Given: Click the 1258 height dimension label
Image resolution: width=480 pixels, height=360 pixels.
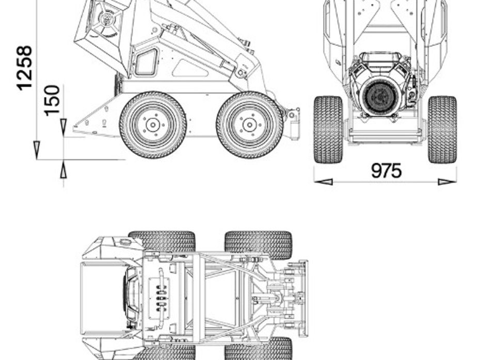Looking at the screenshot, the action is coord(24,68).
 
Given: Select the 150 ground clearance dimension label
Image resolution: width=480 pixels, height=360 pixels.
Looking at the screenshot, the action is coord(52,101).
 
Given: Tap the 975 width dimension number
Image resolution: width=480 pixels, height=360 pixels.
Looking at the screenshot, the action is coord(386,171).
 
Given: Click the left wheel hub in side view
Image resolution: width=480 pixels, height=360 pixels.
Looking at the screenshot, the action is coord(153,125).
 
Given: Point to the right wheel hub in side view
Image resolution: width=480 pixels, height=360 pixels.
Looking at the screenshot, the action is coord(249,125).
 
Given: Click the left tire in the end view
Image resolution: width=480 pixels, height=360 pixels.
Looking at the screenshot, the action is coord(328,129).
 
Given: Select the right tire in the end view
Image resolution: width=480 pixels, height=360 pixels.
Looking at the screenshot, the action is coord(442,129).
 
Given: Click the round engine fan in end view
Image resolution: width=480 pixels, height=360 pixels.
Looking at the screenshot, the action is coord(379,96).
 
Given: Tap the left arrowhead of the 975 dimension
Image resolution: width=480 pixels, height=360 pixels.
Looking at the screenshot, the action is coord(323,182).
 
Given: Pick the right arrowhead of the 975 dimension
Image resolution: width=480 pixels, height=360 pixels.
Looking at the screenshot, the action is coord(447,182).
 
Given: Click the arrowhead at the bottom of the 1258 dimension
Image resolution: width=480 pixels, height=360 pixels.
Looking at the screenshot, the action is coord(37,150).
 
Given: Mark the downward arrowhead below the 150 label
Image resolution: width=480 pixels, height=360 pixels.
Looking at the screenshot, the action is coord(63,127).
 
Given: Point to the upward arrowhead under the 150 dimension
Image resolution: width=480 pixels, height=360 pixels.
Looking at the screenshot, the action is coord(63,170).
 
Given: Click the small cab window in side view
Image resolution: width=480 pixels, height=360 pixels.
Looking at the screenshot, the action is coord(147,62).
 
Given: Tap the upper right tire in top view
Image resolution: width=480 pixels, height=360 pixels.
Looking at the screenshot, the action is coord(259,244).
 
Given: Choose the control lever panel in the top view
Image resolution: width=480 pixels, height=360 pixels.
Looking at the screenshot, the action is coord(159,299).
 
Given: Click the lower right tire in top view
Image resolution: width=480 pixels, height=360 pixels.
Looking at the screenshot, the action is coord(259,349).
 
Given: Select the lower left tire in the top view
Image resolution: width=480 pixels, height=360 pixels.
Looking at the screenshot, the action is coord(165,352).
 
